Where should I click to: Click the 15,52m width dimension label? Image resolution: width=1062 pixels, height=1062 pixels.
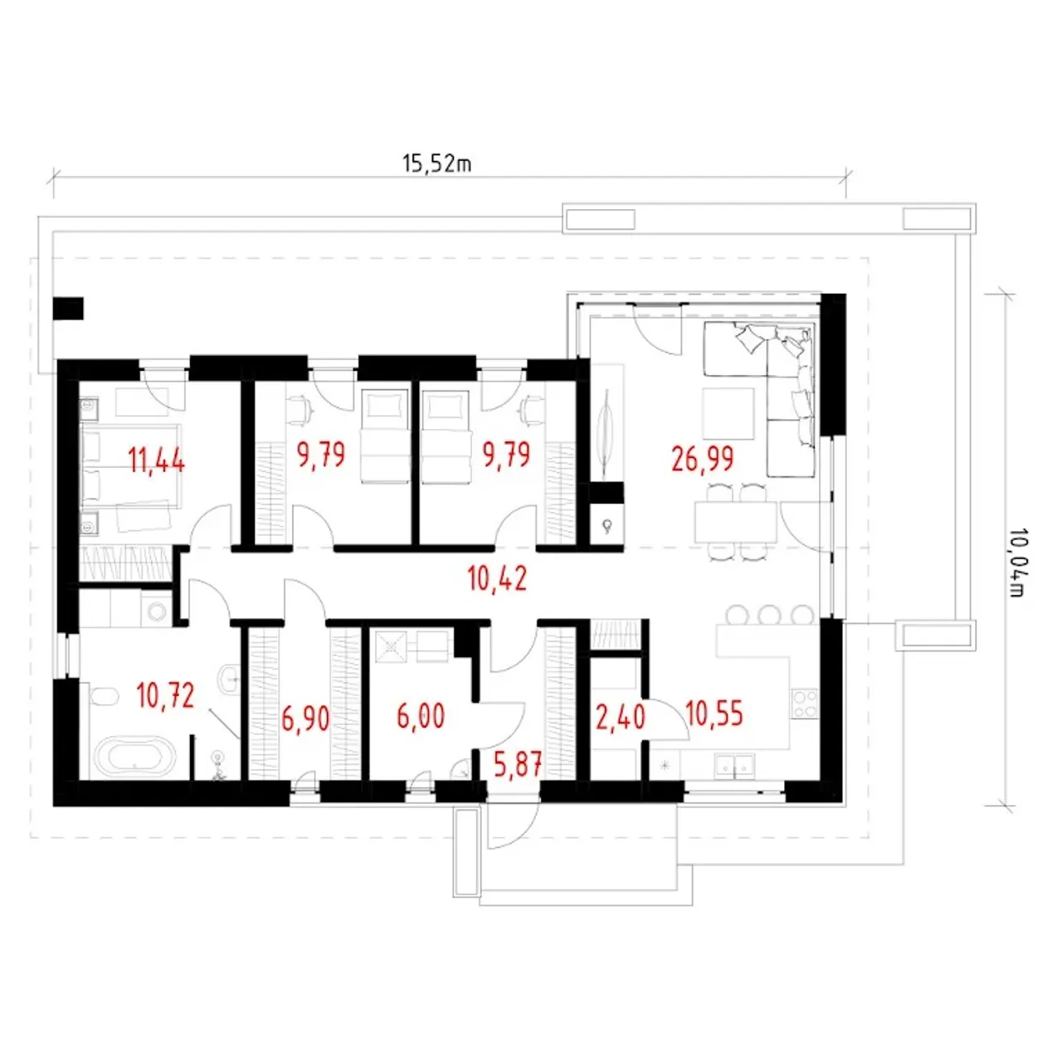point(436,163)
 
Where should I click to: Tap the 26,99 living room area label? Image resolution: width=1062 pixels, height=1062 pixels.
point(702,459)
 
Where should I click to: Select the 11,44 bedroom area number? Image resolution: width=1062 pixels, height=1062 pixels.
point(156,460)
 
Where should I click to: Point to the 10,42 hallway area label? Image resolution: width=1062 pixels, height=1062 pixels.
point(496,578)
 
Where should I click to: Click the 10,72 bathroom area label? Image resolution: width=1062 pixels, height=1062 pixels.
point(165,695)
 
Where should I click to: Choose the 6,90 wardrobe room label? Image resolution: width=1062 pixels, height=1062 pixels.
point(305,719)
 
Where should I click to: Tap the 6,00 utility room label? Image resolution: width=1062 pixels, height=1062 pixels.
point(421,717)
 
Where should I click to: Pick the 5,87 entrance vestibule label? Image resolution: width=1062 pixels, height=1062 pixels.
point(518,764)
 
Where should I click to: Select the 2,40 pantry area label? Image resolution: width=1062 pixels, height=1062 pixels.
point(621,717)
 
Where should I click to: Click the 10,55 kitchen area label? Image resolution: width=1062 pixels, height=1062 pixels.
point(715,713)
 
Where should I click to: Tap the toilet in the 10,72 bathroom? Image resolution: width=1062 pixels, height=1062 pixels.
point(103,697)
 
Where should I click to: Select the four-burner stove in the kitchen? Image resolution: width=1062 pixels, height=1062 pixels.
point(804,704)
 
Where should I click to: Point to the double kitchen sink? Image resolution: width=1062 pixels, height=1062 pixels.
point(734,766)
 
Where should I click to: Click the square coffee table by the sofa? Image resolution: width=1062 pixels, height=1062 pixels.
point(728,413)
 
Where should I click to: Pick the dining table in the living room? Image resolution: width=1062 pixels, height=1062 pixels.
point(736,521)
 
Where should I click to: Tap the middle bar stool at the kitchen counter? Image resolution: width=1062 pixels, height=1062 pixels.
point(771,615)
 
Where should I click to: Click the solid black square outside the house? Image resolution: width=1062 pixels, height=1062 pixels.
point(68,309)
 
